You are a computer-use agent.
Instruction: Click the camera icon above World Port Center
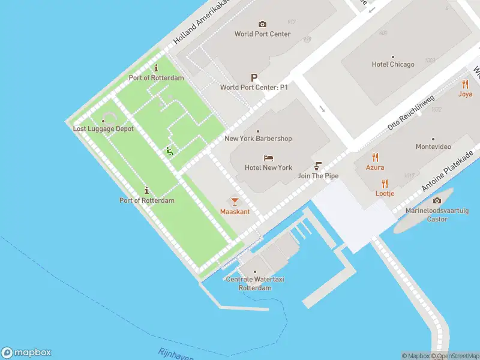click(262, 24)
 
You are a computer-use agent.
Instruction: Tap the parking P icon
click(254, 78)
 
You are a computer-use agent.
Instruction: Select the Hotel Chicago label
click(393, 64)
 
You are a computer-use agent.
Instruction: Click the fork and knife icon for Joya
click(465, 85)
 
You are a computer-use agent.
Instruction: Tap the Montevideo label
click(433, 146)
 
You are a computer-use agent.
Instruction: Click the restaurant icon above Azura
click(376, 158)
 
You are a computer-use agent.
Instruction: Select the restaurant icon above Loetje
click(385, 184)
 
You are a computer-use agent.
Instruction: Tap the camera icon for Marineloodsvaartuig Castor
click(436, 201)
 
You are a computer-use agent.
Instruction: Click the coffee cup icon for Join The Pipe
click(319, 166)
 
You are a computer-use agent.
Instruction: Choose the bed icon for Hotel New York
click(268, 158)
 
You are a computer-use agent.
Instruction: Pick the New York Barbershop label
click(258, 139)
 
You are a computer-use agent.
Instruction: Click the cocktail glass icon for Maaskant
click(235, 202)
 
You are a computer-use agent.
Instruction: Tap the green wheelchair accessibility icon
click(170, 152)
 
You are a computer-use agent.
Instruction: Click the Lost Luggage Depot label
click(103, 129)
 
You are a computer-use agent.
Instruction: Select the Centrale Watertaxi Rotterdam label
click(248, 283)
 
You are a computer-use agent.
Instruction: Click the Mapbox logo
click(26, 353)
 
